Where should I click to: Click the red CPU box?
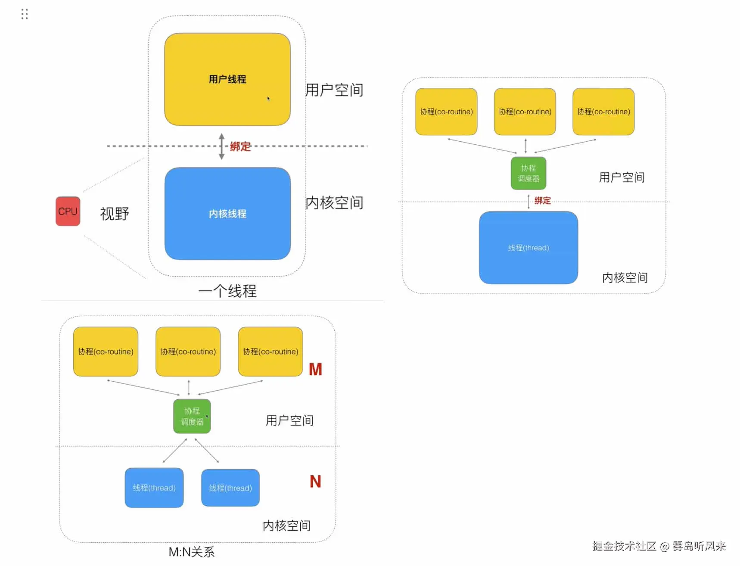(68, 211)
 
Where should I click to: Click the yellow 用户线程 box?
(227, 79)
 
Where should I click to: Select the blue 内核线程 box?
(227, 214)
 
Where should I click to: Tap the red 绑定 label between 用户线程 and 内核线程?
(240, 146)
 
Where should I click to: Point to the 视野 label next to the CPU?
(115, 214)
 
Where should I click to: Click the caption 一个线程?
(227, 291)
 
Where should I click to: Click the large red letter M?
(315, 369)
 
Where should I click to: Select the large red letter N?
(315, 482)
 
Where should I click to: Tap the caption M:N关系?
(191, 552)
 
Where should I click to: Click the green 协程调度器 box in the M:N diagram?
(192, 416)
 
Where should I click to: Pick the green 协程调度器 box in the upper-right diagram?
(528, 173)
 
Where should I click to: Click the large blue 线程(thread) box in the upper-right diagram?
(528, 248)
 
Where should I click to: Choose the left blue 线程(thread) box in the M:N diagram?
(154, 488)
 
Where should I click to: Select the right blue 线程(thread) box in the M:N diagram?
(230, 488)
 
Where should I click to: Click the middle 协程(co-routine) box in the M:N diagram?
(188, 351)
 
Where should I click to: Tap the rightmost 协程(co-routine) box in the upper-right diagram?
(603, 112)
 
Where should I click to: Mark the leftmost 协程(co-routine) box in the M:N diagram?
(106, 351)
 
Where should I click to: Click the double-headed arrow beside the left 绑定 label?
(221, 146)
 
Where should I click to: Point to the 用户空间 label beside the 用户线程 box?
(334, 90)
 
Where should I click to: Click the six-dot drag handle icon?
(25, 14)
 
